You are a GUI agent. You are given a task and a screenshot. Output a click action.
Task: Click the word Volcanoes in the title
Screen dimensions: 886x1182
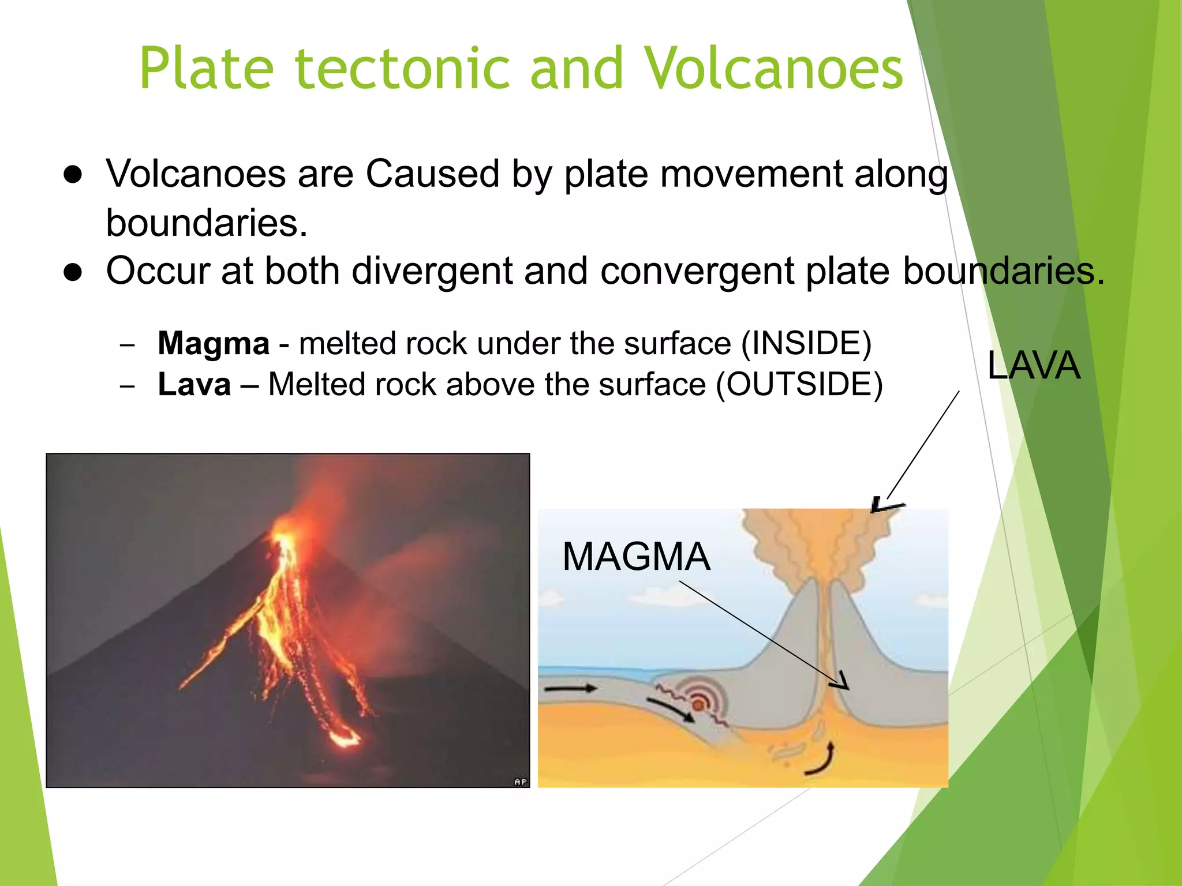[773, 69]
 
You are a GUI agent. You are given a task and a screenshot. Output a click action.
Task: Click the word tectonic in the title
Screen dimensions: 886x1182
[402, 69]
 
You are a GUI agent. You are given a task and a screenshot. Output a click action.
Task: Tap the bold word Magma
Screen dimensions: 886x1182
[214, 344]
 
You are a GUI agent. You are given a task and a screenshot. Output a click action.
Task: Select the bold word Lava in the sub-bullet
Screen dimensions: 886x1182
[194, 385]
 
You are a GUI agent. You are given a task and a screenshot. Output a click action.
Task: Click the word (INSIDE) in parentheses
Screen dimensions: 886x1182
[806, 344]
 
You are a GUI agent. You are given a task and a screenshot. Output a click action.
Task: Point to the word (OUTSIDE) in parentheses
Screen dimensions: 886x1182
[799, 385]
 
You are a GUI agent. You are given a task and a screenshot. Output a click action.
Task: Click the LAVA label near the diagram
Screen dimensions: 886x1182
[1033, 366]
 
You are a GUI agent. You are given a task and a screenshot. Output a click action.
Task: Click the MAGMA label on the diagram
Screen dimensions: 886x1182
[636, 557]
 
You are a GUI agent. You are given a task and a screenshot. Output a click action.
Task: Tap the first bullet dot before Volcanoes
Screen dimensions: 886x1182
[73, 175]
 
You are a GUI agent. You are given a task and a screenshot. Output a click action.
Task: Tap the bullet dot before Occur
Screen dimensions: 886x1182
[73, 272]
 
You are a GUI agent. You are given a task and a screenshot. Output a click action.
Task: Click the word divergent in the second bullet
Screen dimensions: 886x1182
[432, 271]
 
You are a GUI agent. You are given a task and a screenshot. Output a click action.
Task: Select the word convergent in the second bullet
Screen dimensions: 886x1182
[697, 271]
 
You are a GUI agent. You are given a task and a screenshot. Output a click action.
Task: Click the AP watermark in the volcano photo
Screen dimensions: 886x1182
[520, 782]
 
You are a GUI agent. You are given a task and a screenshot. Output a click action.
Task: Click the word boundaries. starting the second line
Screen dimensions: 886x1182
[206, 223]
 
